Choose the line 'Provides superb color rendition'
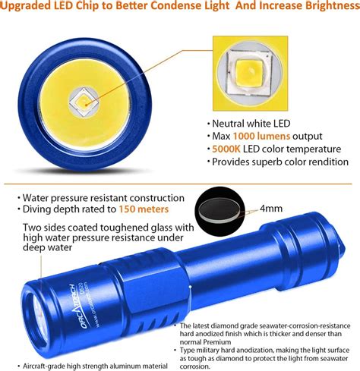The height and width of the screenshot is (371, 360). [280, 162]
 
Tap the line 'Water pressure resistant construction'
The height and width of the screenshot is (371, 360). [103, 197]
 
